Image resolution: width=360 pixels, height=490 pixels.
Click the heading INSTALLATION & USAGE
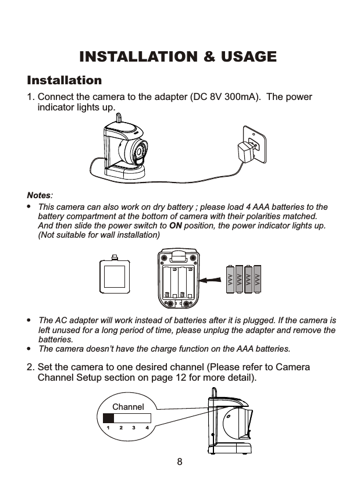tap(177, 57)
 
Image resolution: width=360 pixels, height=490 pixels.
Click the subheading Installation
tap(64, 80)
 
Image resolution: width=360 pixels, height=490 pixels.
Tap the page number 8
tap(180, 463)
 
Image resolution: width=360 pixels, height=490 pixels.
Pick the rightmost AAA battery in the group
tap(258, 280)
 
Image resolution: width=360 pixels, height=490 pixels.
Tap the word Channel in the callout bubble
tap(128, 407)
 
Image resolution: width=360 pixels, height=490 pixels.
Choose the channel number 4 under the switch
tap(147, 428)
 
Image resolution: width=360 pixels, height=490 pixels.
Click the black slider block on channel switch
tap(108, 418)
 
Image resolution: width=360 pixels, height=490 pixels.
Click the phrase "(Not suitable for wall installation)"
tap(98, 235)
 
